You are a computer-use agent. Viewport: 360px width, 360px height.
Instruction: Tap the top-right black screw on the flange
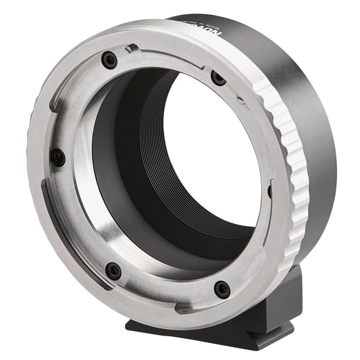coord(218,78)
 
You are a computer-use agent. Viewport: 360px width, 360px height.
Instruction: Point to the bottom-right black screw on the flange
coord(222,289)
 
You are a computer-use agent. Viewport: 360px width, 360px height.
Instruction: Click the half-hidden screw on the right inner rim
coord(269,192)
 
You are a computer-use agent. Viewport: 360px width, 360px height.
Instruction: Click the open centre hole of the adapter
coord(209,162)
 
